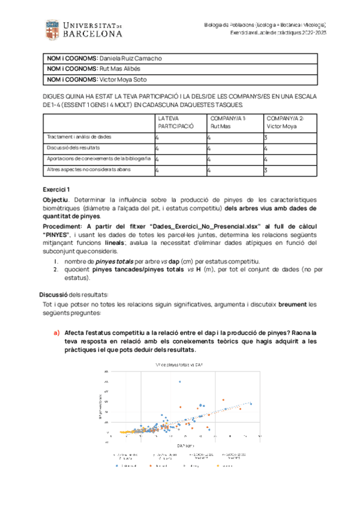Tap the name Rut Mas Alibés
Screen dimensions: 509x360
120,68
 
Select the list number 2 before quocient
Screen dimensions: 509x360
55,271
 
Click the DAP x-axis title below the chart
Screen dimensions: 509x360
183,446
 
